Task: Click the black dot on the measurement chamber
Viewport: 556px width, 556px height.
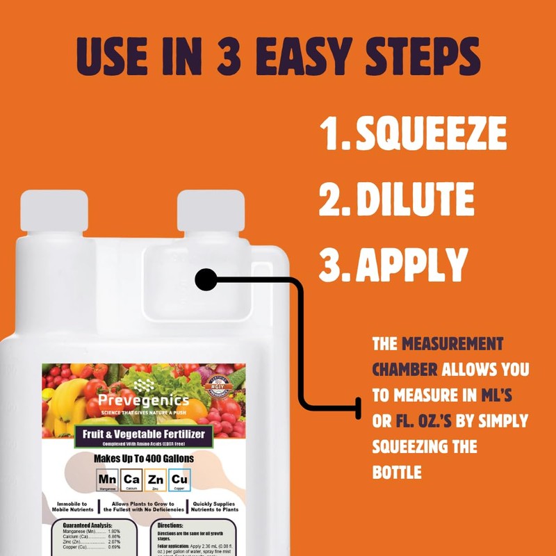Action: (x=206, y=280)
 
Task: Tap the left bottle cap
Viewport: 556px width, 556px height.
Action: (x=54, y=210)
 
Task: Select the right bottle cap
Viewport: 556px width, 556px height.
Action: (x=211, y=210)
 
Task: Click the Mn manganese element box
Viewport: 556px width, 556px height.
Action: (x=108, y=480)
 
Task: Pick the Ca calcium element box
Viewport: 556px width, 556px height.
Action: (x=131, y=480)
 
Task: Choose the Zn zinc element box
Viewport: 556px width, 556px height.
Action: (x=156, y=480)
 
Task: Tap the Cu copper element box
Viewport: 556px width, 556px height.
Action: (x=179, y=480)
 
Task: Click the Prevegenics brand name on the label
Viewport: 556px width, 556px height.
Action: (x=143, y=401)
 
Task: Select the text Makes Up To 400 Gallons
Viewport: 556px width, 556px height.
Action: (x=144, y=459)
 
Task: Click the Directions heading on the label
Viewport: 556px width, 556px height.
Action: (x=170, y=526)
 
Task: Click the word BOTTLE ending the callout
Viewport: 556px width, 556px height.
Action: (x=397, y=473)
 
